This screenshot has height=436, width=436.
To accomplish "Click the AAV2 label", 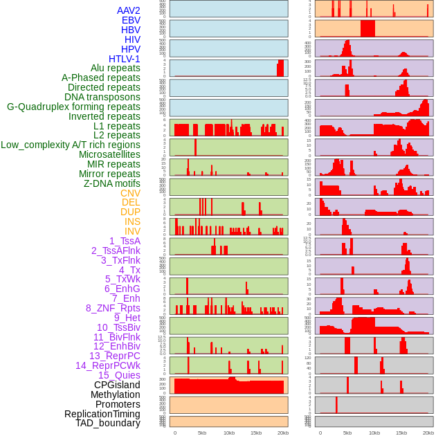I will [x=128, y=10].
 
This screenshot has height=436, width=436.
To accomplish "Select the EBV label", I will [x=131, y=20].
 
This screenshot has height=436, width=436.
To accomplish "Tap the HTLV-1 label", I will [x=124, y=59].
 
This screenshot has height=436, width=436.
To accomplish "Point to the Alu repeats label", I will [x=115, y=68].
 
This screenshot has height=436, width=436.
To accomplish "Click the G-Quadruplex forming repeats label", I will [x=73, y=107].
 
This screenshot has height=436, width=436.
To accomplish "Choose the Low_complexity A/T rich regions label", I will [x=71, y=145].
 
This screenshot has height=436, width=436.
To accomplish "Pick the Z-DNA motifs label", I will [x=111, y=183].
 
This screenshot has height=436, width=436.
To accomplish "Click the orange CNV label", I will [x=130, y=193].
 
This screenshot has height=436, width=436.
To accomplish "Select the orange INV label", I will [x=132, y=231].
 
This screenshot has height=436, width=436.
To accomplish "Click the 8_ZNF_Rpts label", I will [x=113, y=308].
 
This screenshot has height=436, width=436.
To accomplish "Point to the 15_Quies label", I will [x=119, y=375].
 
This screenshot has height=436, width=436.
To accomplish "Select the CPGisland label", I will [x=117, y=385].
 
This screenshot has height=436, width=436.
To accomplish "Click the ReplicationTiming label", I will [x=102, y=414].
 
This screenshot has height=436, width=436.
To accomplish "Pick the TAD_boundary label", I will [x=107, y=423].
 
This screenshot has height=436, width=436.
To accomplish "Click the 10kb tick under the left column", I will [x=228, y=433].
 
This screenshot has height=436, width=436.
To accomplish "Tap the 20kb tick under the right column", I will [x=428, y=433].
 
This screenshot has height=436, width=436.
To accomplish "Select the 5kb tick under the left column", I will [x=201, y=433].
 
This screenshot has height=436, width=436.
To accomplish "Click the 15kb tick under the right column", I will [x=401, y=433].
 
